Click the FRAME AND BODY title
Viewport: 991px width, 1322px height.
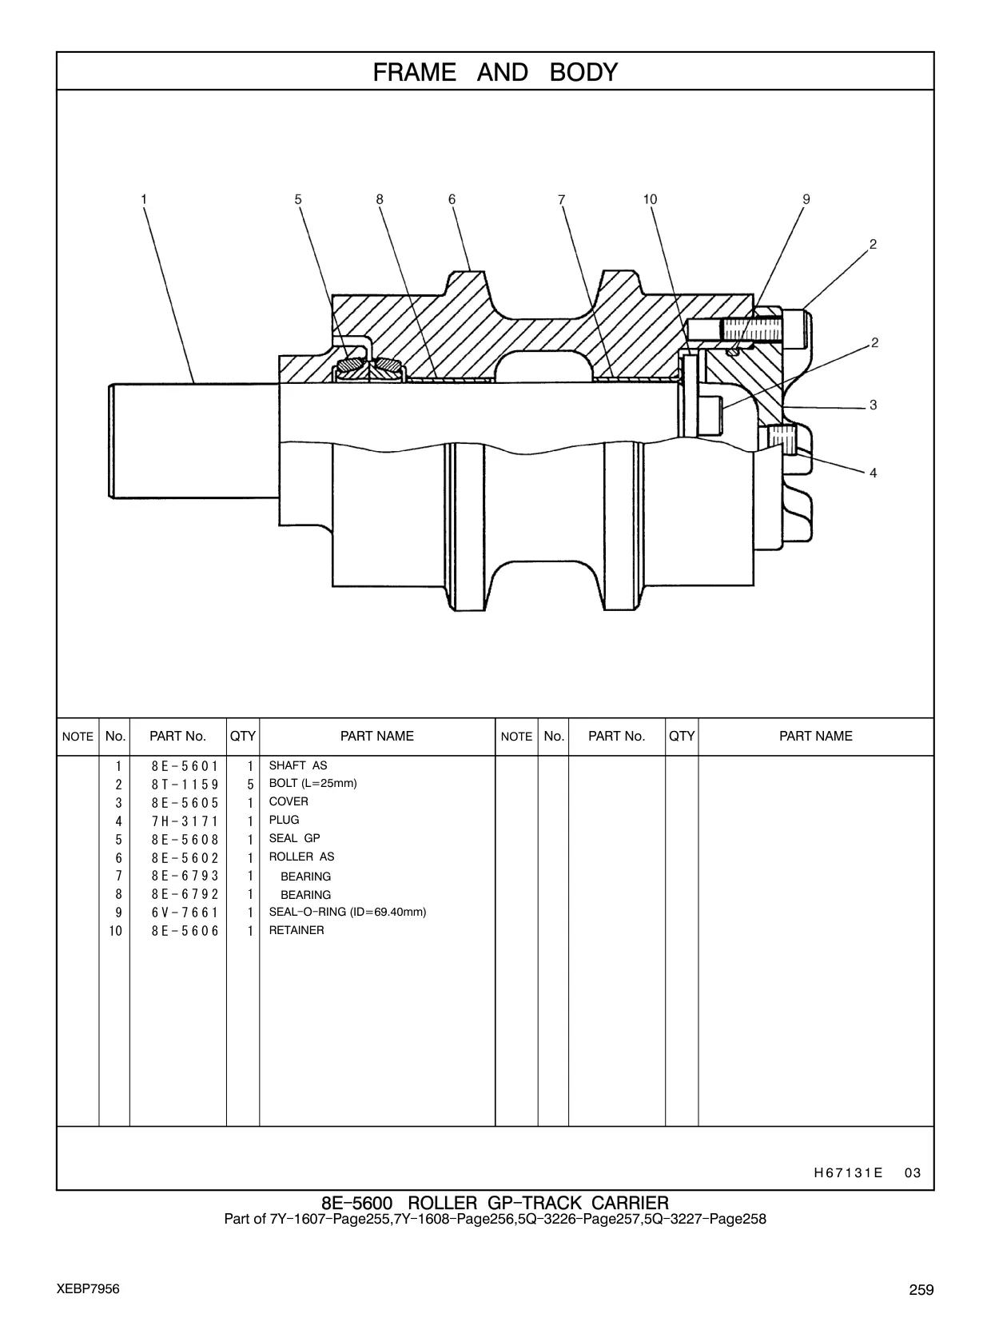(495, 72)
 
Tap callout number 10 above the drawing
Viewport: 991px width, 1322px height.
(650, 199)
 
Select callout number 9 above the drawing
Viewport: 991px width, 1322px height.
(806, 199)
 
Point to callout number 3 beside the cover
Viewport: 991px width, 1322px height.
(873, 405)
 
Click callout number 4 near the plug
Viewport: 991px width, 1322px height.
(873, 473)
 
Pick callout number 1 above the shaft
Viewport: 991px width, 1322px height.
(144, 199)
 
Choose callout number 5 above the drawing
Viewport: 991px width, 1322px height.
(298, 199)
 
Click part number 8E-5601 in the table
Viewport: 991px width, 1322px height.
(185, 766)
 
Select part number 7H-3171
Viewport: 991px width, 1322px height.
(185, 821)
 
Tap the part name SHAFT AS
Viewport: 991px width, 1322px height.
(298, 765)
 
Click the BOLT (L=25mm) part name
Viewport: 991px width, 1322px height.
(312, 784)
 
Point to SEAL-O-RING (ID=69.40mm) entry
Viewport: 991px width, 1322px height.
(347, 912)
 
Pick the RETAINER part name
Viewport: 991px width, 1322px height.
(296, 930)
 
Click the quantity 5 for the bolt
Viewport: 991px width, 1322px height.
(250, 785)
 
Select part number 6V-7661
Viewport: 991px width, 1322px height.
(185, 913)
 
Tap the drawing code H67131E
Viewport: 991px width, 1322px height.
(848, 1172)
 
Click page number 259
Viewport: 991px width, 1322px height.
(921, 1289)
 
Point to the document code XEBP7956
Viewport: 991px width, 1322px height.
(88, 1289)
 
